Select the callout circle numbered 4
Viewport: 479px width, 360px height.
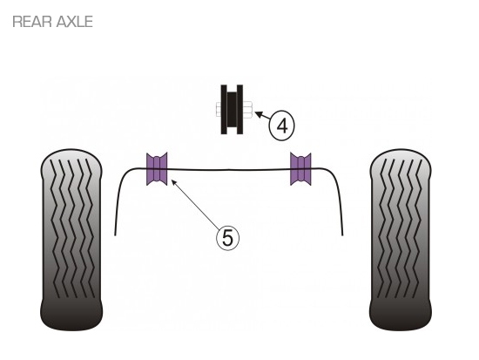tap(281, 126)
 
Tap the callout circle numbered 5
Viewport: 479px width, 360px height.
tap(227, 238)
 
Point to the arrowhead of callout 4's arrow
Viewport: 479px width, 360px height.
tap(259, 114)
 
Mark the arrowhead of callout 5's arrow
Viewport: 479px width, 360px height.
tap(174, 182)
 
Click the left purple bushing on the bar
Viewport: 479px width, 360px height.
tap(157, 169)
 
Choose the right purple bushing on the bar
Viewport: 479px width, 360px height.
tap(300, 169)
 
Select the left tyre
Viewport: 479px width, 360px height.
tap(71, 240)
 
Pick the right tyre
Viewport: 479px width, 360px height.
tap(401, 240)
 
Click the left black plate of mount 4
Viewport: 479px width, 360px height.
tap(224, 109)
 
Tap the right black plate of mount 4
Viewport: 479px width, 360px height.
tap(239, 109)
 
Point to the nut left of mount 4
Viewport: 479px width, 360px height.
tap(219, 109)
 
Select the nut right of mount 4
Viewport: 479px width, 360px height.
tap(247, 110)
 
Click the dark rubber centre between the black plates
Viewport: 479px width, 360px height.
tap(232, 109)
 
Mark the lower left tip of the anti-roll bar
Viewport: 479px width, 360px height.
tap(115, 235)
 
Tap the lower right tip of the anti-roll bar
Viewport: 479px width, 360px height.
tap(342, 235)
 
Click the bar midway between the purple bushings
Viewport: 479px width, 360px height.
tap(229, 170)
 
